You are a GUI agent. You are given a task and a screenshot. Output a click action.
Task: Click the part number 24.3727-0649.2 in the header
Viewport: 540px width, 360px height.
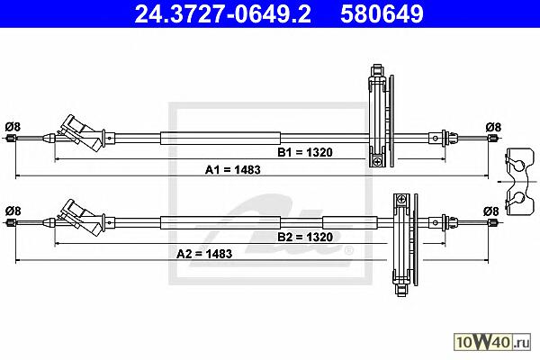[x=222, y=13]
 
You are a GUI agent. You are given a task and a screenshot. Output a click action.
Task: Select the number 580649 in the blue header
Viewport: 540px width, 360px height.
[x=382, y=13]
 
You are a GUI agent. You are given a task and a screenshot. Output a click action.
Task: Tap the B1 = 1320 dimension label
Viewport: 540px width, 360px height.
[x=305, y=152]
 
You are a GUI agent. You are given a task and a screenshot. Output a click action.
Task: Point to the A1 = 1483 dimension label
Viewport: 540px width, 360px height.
[x=233, y=169]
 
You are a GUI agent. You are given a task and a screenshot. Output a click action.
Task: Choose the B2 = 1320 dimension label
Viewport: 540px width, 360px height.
[x=305, y=237]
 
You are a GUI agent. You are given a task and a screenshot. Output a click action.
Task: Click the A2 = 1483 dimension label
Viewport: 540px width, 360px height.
[x=204, y=254]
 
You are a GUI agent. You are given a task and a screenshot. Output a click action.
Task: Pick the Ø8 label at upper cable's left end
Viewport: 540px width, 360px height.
[x=13, y=127]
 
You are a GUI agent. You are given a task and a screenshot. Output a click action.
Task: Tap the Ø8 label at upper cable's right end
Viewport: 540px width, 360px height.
[x=493, y=127]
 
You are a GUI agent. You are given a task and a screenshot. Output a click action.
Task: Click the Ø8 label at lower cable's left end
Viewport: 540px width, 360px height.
[x=13, y=211]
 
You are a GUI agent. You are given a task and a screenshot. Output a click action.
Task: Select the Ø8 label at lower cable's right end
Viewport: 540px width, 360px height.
[x=490, y=211]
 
